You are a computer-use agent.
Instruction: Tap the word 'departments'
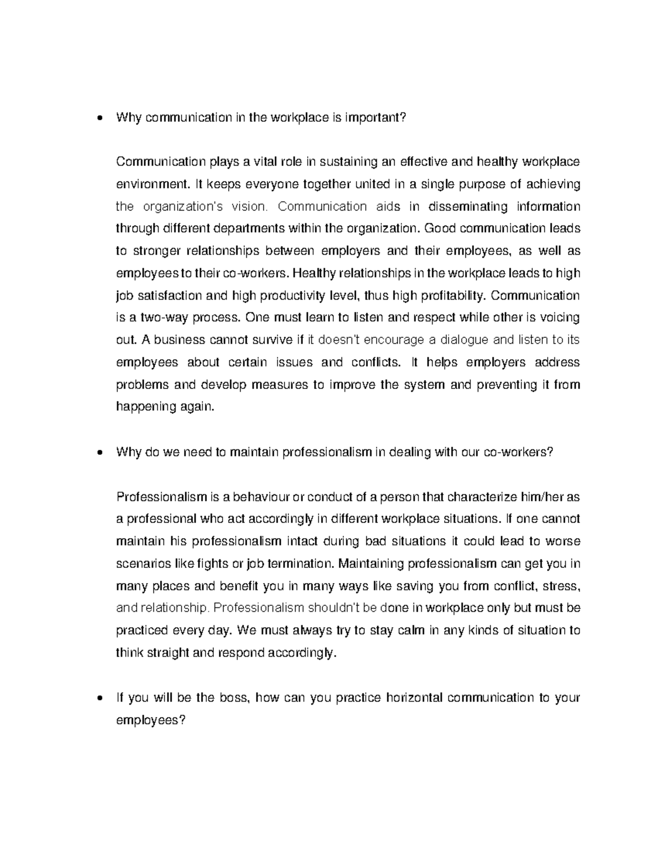[252, 228]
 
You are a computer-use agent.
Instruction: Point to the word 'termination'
[300, 564]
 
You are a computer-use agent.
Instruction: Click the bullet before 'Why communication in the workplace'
[99, 118]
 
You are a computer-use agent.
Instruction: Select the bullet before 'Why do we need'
[99, 453]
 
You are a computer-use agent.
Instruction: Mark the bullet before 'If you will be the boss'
[99, 698]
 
